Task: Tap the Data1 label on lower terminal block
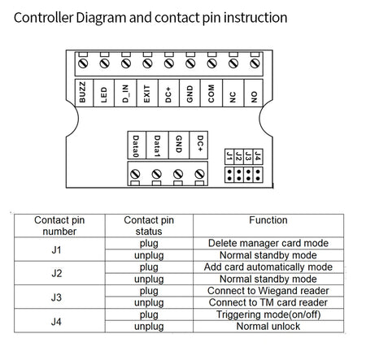pyautogui.click(x=156, y=144)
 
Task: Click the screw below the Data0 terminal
pyautogui.click(x=135, y=174)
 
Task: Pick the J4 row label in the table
pyautogui.click(x=56, y=320)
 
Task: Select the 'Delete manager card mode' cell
pyautogui.click(x=268, y=242)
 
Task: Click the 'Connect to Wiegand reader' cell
pyautogui.click(x=268, y=290)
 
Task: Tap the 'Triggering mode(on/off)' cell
pyautogui.click(x=268, y=314)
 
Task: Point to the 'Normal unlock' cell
pyautogui.click(x=268, y=327)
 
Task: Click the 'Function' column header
pyautogui.click(x=268, y=219)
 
